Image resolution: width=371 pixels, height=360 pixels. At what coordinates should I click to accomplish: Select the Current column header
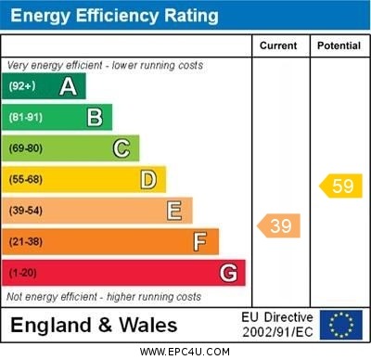(278, 45)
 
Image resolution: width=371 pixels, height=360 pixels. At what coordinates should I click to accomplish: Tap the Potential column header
(339, 45)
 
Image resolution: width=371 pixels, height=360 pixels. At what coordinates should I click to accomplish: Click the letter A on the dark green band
(68, 86)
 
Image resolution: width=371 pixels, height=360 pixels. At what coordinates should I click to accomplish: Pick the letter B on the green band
(95, 117)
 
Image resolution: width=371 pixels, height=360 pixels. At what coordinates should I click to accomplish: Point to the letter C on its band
(122, 148)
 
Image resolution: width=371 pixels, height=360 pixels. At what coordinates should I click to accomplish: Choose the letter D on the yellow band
(148, 179)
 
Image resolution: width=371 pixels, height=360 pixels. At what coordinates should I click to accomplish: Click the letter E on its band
(174, 211)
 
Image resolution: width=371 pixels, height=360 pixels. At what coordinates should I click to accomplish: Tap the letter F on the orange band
(200, 242)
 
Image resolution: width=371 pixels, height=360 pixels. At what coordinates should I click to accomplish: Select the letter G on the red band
(227, 273)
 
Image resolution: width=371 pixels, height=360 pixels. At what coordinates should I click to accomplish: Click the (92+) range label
(22, 86)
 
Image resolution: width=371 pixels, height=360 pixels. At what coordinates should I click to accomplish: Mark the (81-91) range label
(25, 118)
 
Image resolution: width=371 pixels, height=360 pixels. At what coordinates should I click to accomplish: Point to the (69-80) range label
(25, 148)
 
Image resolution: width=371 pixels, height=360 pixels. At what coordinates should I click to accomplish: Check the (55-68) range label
(25, 180)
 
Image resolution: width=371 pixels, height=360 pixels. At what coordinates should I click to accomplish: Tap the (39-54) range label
(25, 211)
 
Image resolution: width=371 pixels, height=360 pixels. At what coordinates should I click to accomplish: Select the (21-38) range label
(25, 242)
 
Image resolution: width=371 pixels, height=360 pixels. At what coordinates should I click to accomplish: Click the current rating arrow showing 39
(279, 225)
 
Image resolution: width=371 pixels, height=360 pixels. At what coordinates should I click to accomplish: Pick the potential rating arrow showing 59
(340, 186)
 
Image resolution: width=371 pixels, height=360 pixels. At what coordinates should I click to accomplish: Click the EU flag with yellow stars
(341, 325)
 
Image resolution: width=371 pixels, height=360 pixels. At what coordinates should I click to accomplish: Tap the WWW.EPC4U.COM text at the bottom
(185, 352)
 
